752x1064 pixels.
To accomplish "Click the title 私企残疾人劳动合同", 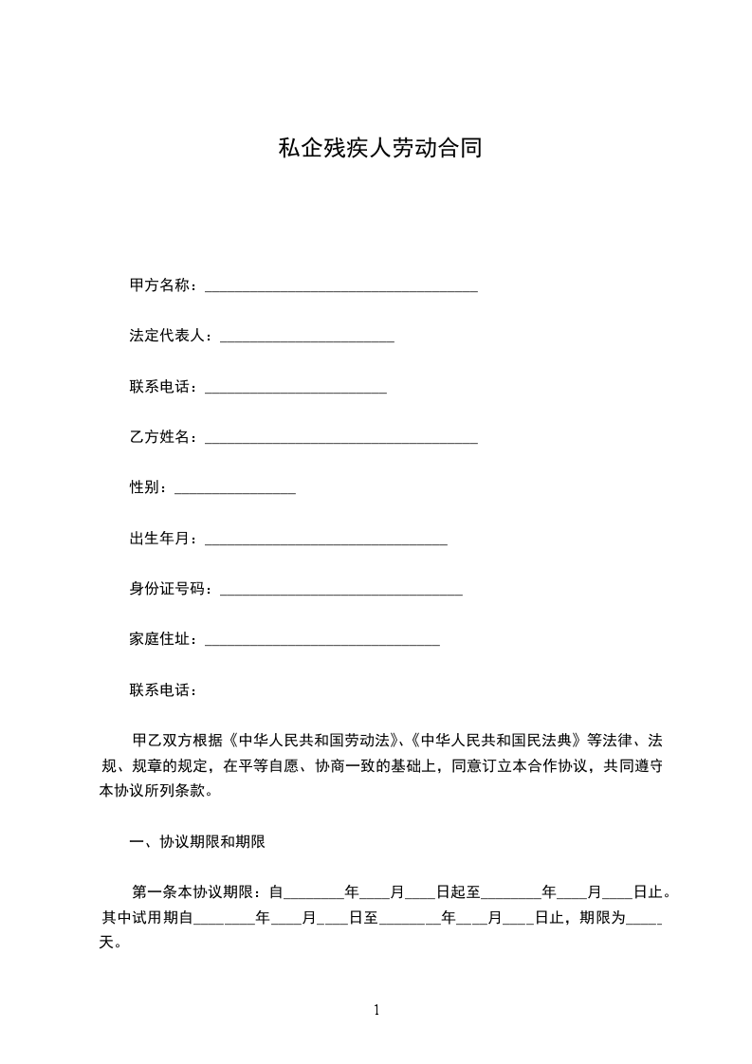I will click(379, 149).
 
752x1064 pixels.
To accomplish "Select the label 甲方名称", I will click(160, 285).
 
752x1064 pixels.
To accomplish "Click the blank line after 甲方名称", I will click(341, 287).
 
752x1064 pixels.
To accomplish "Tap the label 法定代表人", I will click(168, 336).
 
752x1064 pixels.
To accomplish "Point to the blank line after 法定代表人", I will click(306, 338).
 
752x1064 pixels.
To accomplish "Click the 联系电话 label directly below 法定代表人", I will click(160, 387).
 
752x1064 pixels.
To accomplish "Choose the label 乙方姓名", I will click(160, 437).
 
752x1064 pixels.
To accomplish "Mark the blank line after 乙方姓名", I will click(341, 439).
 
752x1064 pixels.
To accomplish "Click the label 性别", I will click(146, 487).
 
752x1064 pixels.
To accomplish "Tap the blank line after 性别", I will click(235, 489).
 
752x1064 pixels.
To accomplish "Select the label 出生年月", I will click(160, 539).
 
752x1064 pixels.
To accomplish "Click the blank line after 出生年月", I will click(325, 541).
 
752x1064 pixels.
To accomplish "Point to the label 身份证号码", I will click(168, 589).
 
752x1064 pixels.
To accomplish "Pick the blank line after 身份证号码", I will click(340, 591).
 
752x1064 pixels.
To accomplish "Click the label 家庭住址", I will click(160, 640).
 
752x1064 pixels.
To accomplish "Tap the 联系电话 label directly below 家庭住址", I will click(160, 690).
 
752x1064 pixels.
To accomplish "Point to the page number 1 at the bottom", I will click(376, 1010).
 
